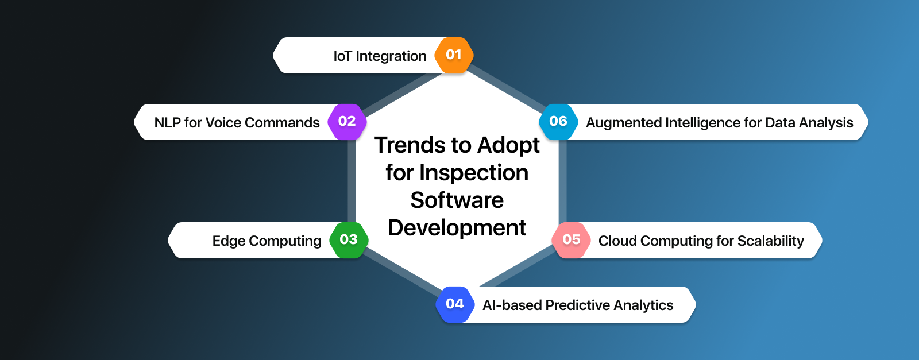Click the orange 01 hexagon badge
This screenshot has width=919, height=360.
pyautogui.click(x=454, y=55)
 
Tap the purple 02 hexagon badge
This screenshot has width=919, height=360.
pyautogui.click(x=347, y=122)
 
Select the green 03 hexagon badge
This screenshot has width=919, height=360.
pyautogui.click(x=349, y=240)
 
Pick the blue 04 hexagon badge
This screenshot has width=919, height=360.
pyautogui.click(x=454, y=304)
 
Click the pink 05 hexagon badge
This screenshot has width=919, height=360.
pyautogui.click(x=571, y=240)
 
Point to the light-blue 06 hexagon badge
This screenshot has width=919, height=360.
pyautogui.click(x=558, y=122)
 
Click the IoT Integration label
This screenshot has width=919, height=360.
pyautogui.click(x=380, y=56)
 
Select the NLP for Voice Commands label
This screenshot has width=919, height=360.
pyautogui.click(x=237, y=123)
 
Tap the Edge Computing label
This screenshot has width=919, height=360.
pyautogui.click(x=267, y=241)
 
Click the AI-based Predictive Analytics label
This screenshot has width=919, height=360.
pyautogui.click(x=578, y=305)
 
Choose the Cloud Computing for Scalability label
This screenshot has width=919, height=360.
pyautogui.click(x=701, y=241)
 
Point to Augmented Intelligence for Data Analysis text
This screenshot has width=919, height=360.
pyautogui.click(x=719, y=123)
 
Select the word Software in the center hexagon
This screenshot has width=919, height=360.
pyautogui.click(x=457, y=200)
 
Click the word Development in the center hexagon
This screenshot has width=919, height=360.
pyautogui.click(x=457, y=228)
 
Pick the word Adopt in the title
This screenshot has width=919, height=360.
pyautogui.click(x=508, y=146)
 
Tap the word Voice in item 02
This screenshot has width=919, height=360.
pyautogui.click(x=223, y=123)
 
